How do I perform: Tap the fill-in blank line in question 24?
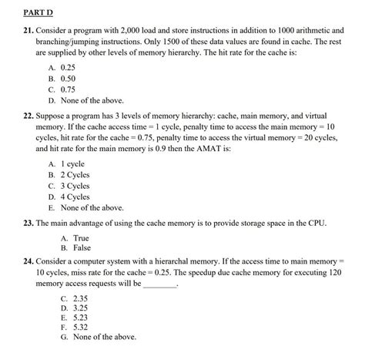[160, 286]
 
